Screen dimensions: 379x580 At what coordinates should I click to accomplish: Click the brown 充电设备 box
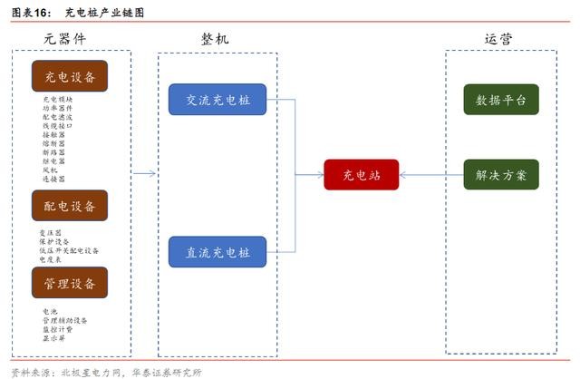pos(70,76)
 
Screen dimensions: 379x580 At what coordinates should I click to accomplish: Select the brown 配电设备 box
pos(70,206)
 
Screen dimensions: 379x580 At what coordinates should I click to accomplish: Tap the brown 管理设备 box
pos(70,283)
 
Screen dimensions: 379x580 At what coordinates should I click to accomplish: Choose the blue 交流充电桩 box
pos(217,99)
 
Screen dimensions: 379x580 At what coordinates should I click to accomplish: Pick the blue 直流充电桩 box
pos(217,251)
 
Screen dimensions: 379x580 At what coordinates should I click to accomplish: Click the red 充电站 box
pos(361,174)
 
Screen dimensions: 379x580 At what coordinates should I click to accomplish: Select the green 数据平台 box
pos(501,99)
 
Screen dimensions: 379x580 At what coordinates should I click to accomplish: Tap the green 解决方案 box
pos(501,174)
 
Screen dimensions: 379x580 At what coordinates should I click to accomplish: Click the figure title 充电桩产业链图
pos(104,12)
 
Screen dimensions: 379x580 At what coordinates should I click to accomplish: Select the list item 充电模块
pos(57,100)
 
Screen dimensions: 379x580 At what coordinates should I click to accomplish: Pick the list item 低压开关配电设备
pos(68,250)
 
